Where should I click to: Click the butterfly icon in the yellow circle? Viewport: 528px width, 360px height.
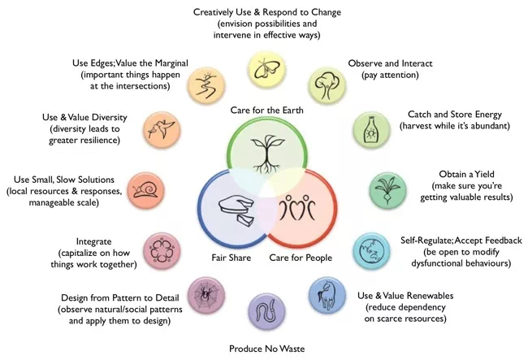(267, 69)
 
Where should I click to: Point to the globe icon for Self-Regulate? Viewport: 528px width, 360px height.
(371, 250)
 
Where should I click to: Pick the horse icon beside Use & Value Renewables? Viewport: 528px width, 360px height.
(327, 295)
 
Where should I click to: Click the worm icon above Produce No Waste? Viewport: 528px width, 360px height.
(267, 311)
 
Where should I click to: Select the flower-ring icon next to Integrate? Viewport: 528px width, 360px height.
(162, 250)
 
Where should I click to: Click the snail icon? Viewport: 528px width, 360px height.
(146, 189)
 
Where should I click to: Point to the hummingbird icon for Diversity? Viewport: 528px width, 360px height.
(162, 129)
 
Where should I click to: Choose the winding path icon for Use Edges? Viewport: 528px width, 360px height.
(206, 85)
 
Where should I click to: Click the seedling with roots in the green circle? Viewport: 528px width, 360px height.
(267, 154)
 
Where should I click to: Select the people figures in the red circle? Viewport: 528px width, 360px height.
(297, 206)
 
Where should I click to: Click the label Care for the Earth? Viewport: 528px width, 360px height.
(266, 111)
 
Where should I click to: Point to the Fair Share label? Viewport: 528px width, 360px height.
(231, 258)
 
